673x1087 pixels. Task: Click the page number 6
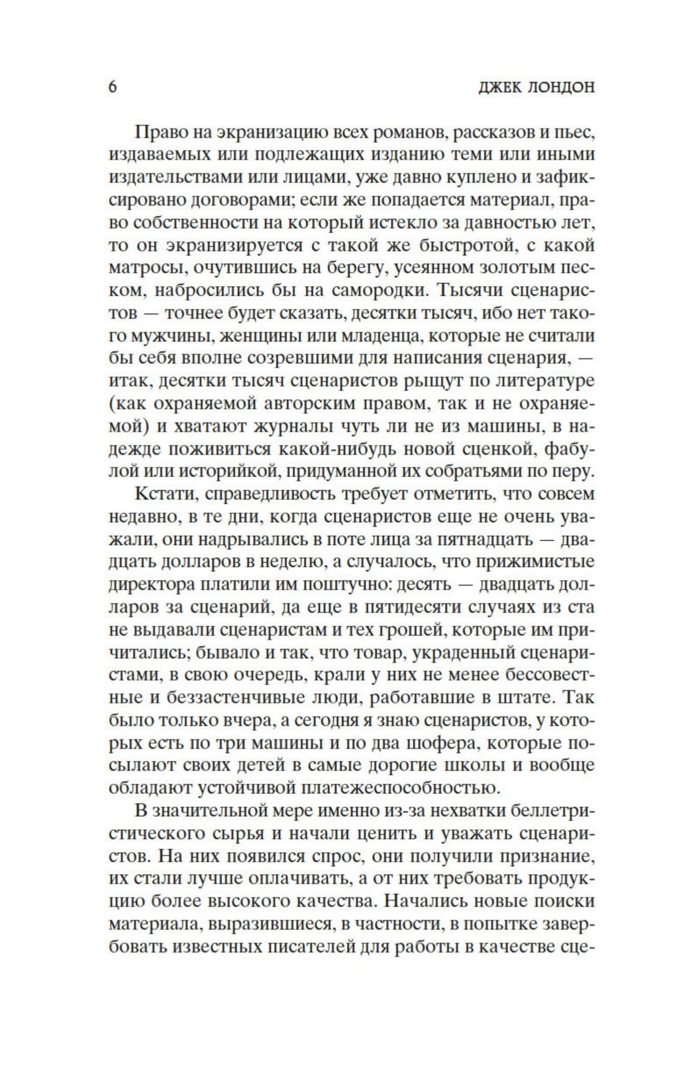113,87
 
